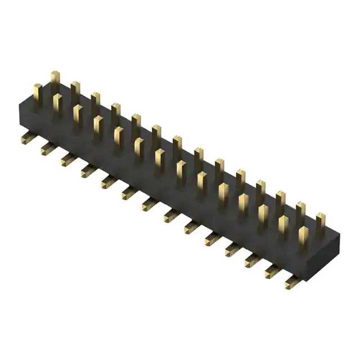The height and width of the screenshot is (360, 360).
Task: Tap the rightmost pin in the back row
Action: click(x=321, y=221)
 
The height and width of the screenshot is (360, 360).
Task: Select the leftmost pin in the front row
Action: click(x=37, y=94)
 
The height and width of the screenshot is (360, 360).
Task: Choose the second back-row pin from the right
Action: click(x=301, y=210)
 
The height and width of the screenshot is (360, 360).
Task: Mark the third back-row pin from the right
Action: click(x=281, y=200)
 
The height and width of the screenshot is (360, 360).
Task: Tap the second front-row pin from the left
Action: click(x=57, y=105)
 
